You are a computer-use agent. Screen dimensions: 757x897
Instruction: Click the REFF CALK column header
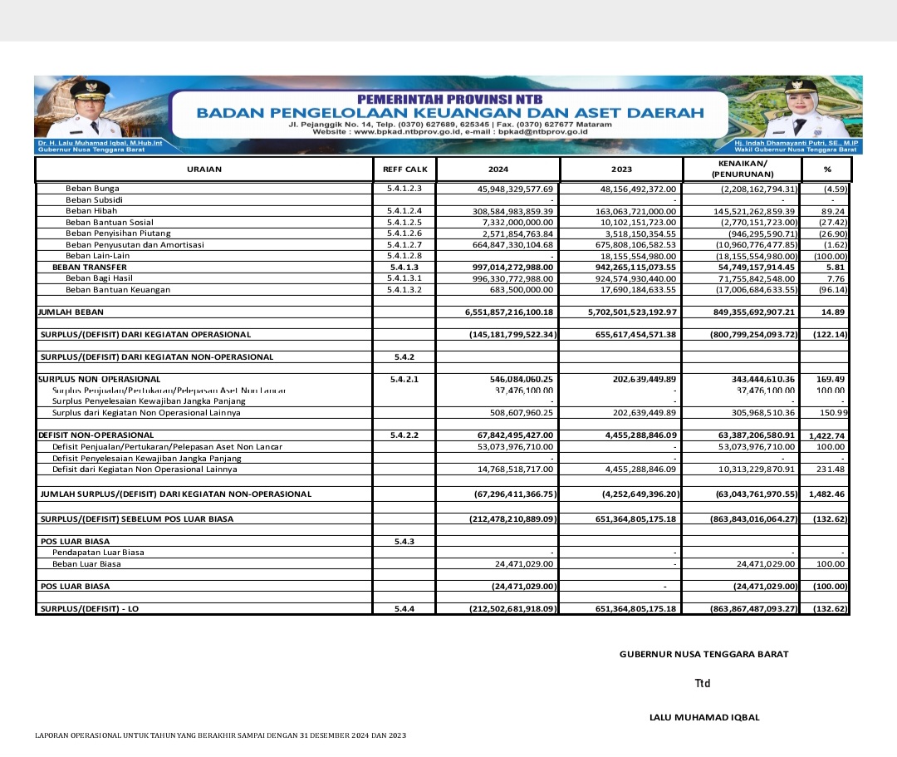pyautogui.click(x=404, y=170)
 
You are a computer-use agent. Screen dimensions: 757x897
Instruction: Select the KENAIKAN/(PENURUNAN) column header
pyautogui.click(x=743, y=170)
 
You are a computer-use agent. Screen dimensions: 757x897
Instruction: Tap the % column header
pyautogui.click(x=826, y=170)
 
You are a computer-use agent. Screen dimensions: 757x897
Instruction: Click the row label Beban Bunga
pyautogui.click(x=92, y=189)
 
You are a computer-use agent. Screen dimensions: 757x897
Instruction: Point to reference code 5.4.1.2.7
pyautogui.click(x=404, y=245)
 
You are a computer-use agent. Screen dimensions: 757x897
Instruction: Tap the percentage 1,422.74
pyautogui.click(x=826, y=435)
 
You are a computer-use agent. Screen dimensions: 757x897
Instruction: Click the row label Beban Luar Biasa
pyautogui.click(x=86, y=564)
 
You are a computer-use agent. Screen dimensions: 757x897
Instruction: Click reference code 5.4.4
pyautogui.click(x=404, y=609)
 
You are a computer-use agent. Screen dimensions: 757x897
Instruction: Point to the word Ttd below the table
pyautogui.click(x=703, y=684)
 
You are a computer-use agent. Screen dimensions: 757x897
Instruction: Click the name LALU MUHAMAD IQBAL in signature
pyautogui.click(x=704, y=717)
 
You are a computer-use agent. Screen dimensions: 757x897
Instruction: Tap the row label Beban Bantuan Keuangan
pyautogui.click(x=118, y=290)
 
